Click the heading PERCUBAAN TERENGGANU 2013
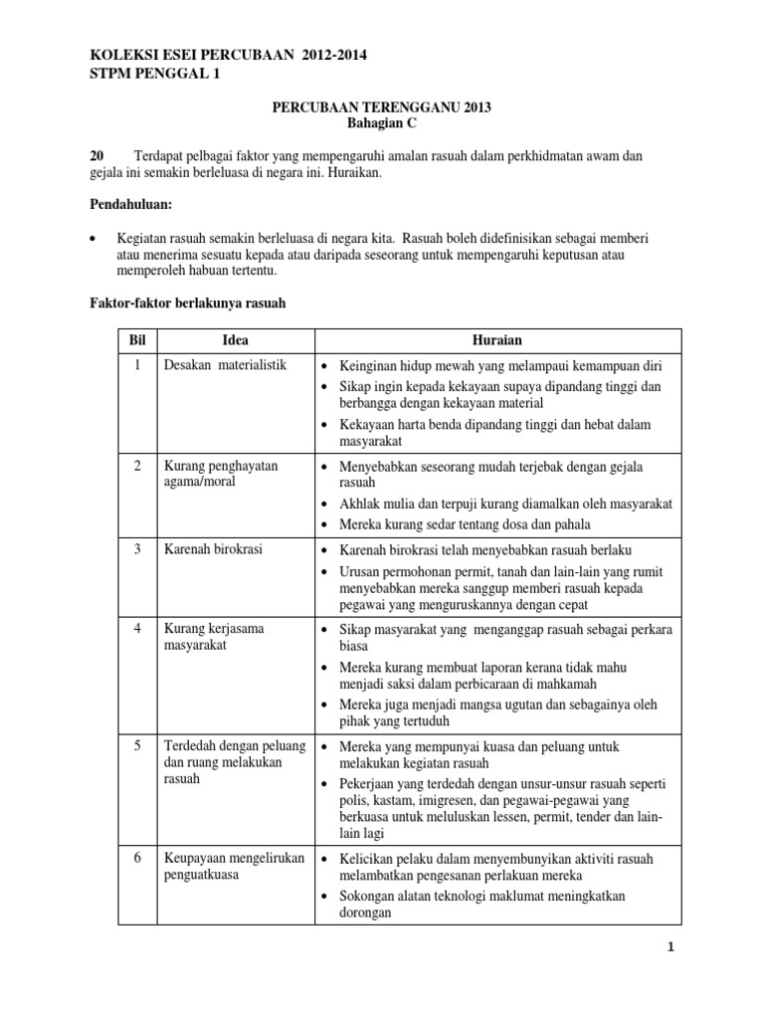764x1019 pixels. coord(383,107)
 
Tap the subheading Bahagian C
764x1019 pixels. coord(382,123)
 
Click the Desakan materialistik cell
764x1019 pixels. coord(224,365)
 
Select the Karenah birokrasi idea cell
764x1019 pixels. coord(214,549)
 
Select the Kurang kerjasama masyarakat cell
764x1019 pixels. coord(214,636)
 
